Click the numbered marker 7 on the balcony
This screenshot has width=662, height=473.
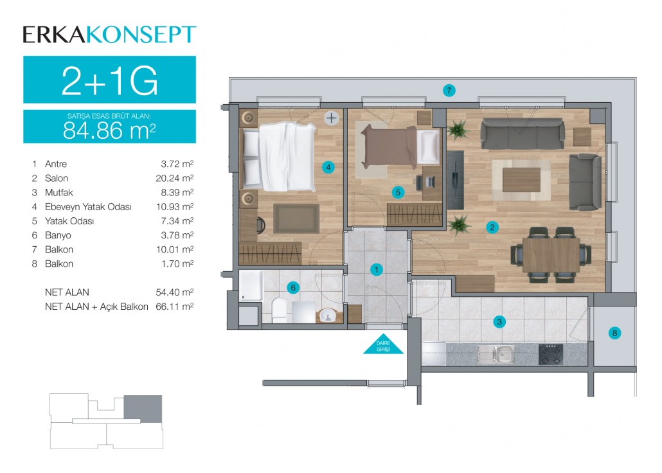[449, 90]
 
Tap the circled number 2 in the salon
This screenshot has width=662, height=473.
[492, 228]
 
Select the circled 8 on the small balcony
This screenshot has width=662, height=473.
[614, 333]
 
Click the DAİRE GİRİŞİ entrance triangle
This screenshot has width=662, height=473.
[383, 344]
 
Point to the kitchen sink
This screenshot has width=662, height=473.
[496, 354]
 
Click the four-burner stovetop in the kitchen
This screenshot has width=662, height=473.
[551, 354]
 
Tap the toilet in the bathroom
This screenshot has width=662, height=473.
[279, 310]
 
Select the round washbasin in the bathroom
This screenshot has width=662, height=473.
[328, 315]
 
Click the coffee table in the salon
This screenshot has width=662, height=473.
[521, 180]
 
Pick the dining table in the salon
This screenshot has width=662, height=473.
[551, 254]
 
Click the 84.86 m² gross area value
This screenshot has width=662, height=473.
[109, 130]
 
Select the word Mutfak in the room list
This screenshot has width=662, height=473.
[59, 193]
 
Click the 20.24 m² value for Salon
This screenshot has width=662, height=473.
[174, 178]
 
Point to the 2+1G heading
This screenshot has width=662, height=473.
[109, 80]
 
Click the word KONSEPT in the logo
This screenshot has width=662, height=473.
[142, 35]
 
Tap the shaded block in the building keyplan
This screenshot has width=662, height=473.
[143, 409]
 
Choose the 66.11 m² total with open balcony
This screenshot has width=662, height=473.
[174, 307]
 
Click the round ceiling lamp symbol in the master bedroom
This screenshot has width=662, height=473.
[332, 118]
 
